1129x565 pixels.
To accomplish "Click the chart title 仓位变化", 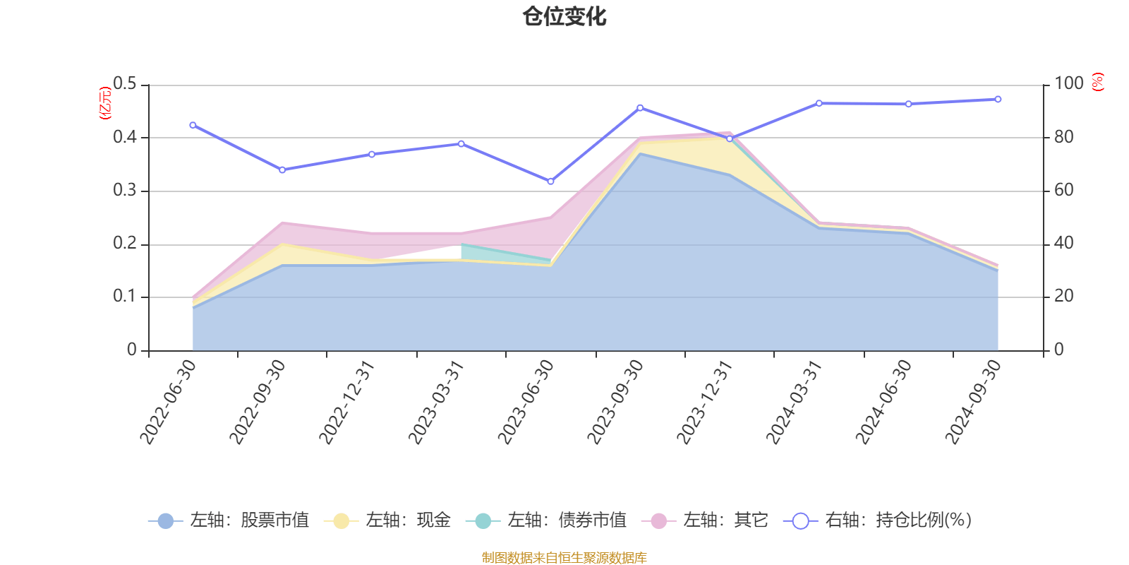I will [564, 16].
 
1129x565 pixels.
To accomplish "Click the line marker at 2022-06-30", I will [193, 125].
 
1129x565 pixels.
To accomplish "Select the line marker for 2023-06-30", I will [550, 182].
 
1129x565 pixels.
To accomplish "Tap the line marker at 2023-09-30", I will [640, 108].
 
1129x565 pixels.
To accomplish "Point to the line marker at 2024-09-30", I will [998, 100].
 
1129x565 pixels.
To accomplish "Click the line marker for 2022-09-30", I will [282, 169].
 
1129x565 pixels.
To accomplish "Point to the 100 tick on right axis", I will [1068, 84].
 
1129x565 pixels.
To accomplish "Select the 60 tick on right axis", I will [1063, 191].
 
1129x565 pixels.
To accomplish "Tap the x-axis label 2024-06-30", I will [884, 403].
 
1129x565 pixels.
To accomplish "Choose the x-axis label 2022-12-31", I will [348, 403].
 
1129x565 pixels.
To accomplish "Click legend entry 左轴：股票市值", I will [229, 521].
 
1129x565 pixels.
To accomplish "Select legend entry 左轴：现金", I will [388, 521].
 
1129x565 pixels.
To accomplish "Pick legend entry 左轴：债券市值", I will [547, 521].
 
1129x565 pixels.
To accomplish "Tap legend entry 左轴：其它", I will [706, 521].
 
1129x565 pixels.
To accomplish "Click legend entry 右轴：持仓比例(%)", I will [879, 521].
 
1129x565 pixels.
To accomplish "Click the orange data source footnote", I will [564, 558].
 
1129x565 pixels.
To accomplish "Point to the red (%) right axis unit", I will [1097, 82].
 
